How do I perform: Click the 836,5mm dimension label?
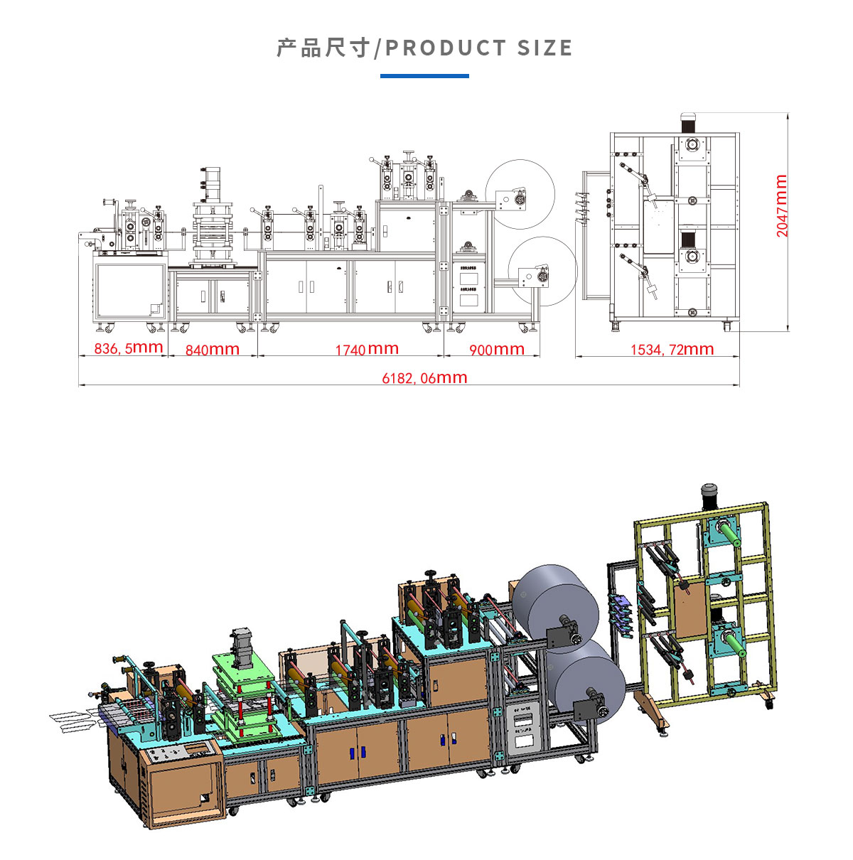(x=129, y=348)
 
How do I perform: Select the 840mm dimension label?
(x=212, y=350)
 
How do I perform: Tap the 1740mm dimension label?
(x=367, y=349)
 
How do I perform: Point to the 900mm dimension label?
(x=497, y=350)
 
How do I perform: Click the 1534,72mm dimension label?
(x=672, y=349)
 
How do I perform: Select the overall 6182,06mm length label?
(x=424, y=378)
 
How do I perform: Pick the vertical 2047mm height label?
(x=782, y=205)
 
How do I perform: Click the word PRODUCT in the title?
(x=445, y=48)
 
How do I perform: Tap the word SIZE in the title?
(x=544, y=48)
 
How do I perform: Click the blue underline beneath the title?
(x=424, y=75)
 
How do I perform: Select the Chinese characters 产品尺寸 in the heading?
(x=323, y=48)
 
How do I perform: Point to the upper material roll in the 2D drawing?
(x=520, y=192)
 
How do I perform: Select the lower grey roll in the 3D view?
(x=590, y=675)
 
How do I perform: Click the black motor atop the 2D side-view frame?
(x=687, y=122)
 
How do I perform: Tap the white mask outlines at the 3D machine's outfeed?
(x=71, y=720)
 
